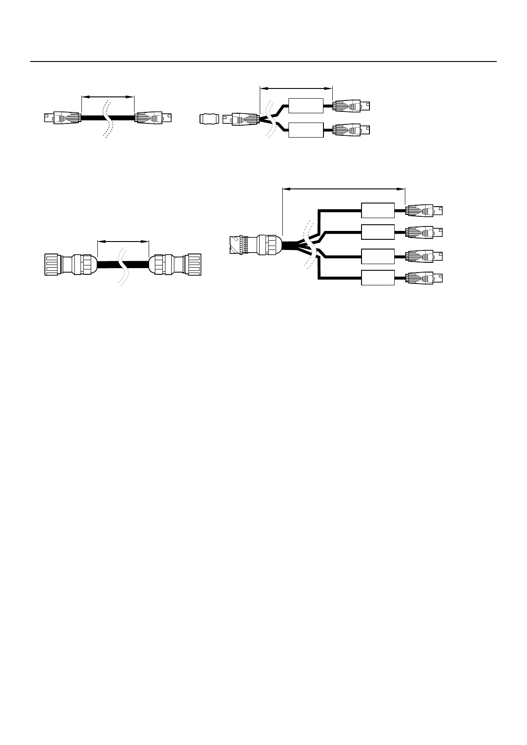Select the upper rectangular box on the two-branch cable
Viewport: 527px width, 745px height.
coord(306,106)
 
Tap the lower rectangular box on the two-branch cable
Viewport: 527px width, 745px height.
coord(306,130)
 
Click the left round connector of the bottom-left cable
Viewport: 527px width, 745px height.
coord(71,265)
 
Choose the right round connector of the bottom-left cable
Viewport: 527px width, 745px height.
coord(176,265)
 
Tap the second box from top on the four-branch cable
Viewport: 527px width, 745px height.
coord(377,232)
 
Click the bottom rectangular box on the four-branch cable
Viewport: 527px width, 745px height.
coord(377,278)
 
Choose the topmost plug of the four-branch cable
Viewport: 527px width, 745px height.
coord(425,211)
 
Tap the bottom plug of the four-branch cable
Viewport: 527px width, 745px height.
coord(425,278)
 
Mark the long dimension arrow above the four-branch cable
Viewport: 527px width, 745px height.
coord(343,189)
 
